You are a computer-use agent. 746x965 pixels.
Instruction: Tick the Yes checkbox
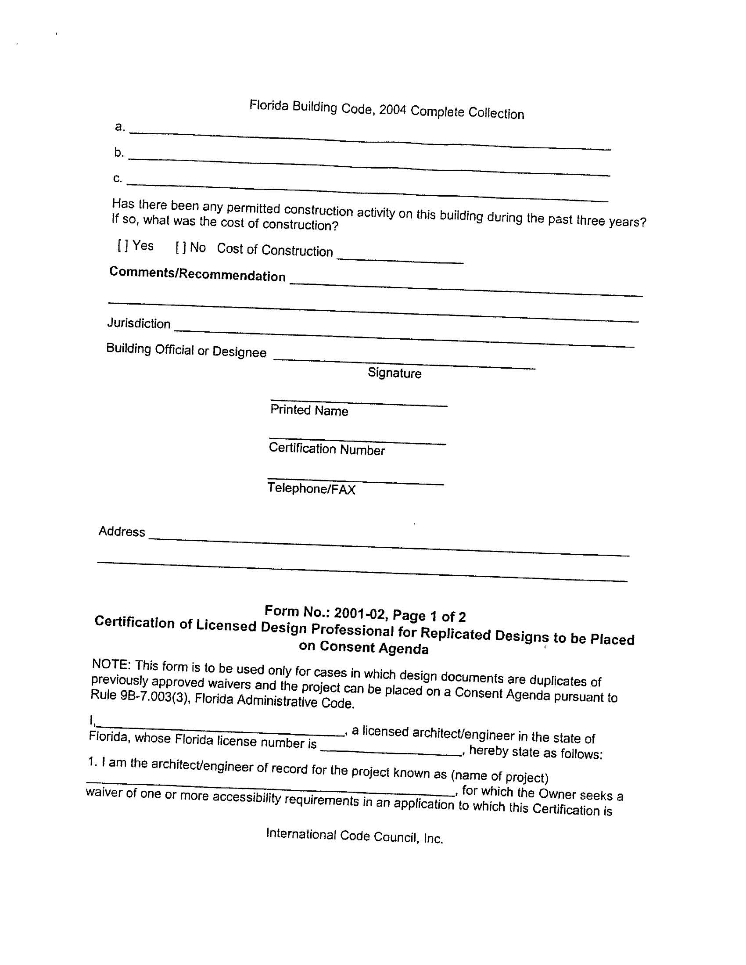coord(123,245)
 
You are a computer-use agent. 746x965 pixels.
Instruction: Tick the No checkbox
coord(181,248)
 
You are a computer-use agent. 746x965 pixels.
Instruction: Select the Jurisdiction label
coord(139,323)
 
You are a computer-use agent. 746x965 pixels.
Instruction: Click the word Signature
coord(394,373)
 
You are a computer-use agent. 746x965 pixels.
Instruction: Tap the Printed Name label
coord(309,410)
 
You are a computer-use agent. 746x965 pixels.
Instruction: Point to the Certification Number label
coord(326,449)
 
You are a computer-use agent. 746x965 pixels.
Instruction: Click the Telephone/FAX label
coord(311,488)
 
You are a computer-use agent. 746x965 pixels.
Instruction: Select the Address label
coord(122,531)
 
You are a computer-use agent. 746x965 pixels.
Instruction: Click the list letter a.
coord(119,127)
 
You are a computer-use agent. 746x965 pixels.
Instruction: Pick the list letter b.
coord(118,152)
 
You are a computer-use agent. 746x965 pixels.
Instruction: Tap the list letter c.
coord(117,178)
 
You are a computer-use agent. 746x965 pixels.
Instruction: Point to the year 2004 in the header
coord(392,109)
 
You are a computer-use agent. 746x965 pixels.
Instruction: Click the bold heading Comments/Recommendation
coord(197,274)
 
